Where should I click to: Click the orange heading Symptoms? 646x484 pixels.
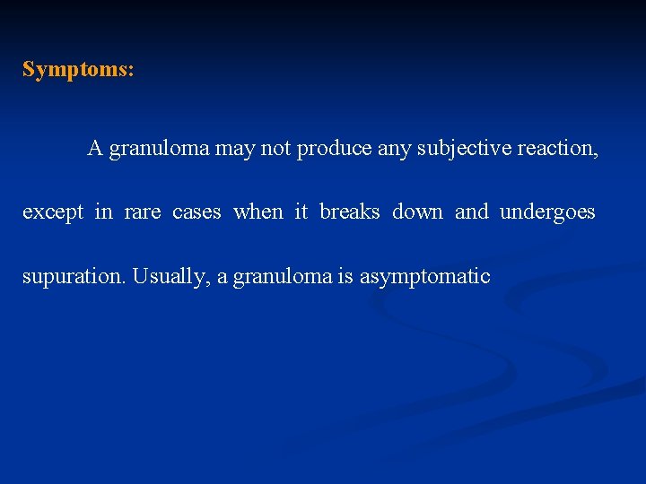coord(78,70)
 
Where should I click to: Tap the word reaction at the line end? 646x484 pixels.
coord(557,149)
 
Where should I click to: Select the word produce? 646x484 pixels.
coord(334,149)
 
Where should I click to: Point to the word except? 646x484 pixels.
coord(53,212)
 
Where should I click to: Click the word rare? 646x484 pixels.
coord(143,212)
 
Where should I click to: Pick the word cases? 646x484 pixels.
coord(196,212)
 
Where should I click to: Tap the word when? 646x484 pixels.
coord(258,212)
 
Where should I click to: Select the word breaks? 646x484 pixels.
coord(350,212)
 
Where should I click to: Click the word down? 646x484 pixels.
coord(417,212)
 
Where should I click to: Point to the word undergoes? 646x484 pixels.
coord(547,212)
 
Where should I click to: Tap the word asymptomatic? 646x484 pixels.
coord(424,277)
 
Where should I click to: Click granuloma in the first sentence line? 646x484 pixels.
coord(159,149)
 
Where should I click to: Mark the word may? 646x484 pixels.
coord(235,150)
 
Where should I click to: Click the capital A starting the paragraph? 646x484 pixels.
coord(94,149)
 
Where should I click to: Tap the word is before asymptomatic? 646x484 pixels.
coord(345,277)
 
